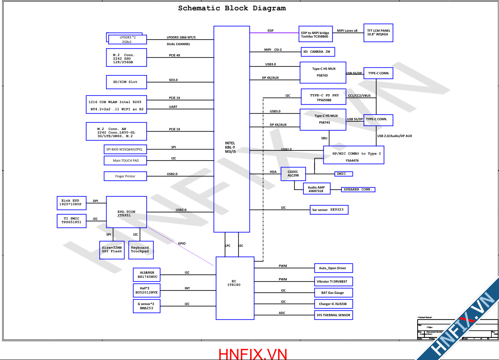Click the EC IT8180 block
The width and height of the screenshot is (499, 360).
[235, 288]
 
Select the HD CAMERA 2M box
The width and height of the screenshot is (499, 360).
[318, 52]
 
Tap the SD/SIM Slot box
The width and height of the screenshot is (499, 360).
[126, 82]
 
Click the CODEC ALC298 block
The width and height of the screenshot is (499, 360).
[293, 174]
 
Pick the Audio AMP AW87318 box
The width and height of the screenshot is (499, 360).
[316, 189]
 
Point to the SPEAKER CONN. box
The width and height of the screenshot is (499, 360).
[358, 189]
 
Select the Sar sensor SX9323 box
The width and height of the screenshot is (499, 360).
[330, 210]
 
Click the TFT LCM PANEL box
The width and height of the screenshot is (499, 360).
[378, 33]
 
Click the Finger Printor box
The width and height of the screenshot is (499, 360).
[125, 176]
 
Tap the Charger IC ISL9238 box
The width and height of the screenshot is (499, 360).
[333, 304]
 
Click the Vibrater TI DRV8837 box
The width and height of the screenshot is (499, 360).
[333, 282]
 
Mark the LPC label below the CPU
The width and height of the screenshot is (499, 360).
[228, 246]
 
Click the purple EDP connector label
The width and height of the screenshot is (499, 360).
[271, 31]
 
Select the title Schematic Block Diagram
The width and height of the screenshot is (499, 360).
[232, 8]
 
